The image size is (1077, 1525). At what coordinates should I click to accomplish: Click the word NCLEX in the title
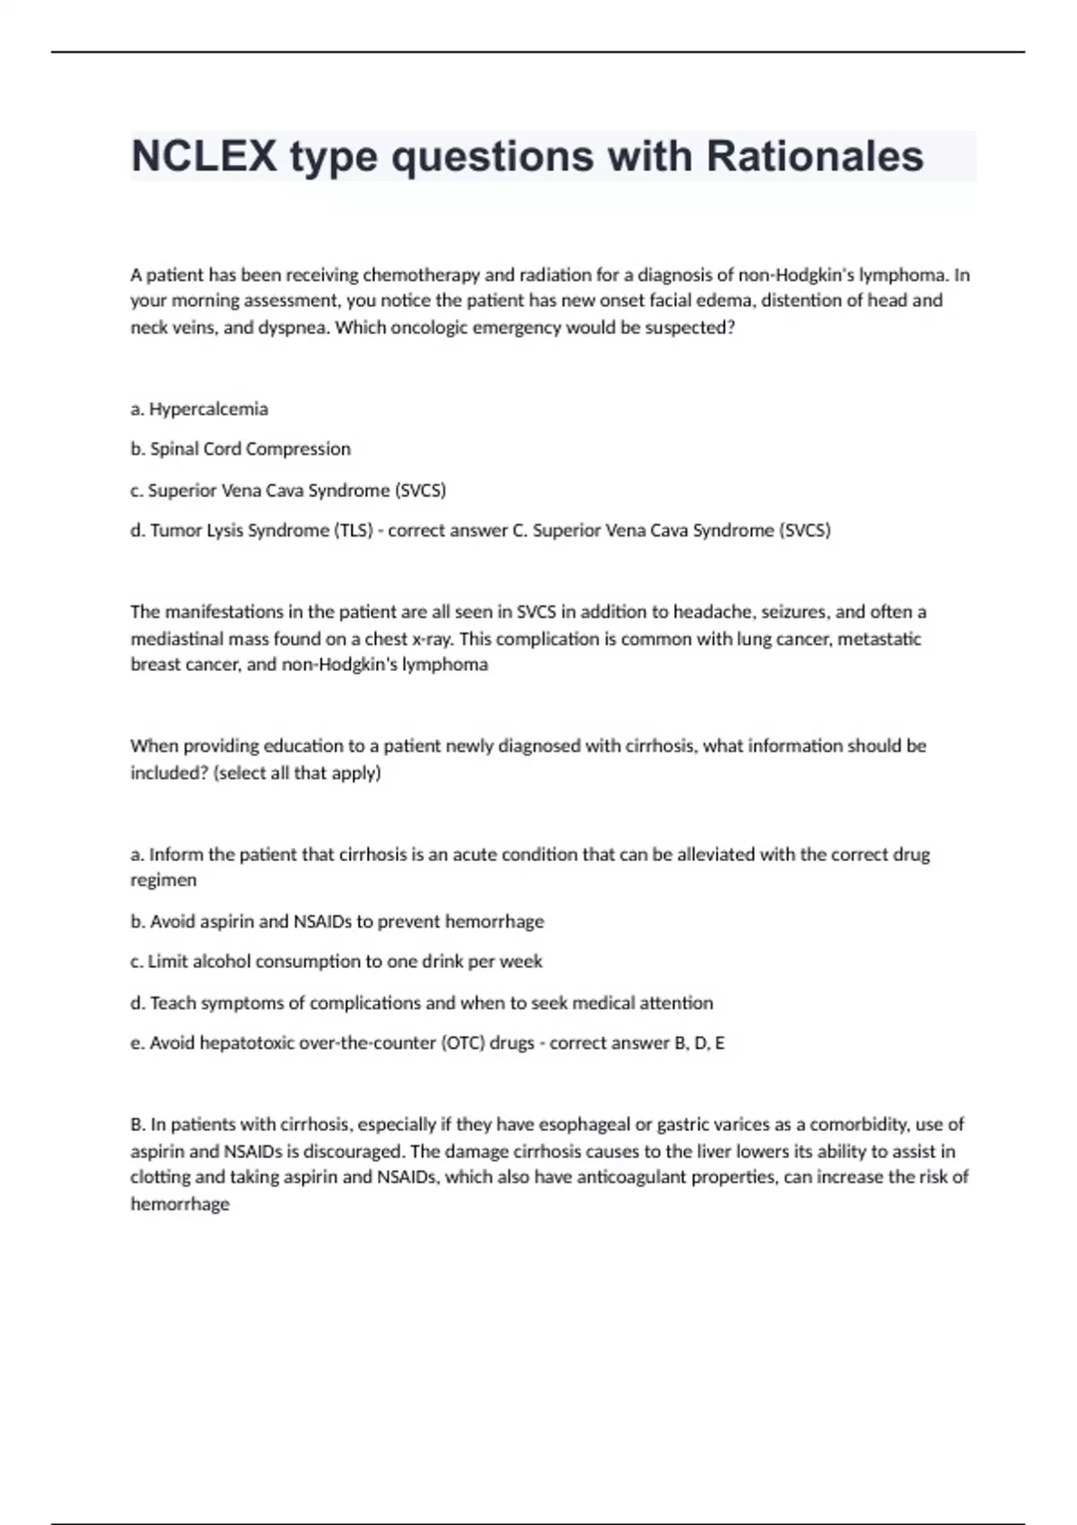click(204, 157)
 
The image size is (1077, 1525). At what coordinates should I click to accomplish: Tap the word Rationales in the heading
click(814, 157)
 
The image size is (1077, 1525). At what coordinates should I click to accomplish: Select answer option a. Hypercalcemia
click(199, 409)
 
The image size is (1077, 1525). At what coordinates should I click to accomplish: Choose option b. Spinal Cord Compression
click(241, 449)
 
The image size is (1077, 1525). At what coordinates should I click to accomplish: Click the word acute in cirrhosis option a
click(475, 854)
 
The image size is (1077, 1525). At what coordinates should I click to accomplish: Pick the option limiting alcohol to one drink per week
click(337, 962)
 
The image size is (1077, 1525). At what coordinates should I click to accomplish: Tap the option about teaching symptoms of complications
click(422, 1003)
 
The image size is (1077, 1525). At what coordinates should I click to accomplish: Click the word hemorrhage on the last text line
click(180, 1204)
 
